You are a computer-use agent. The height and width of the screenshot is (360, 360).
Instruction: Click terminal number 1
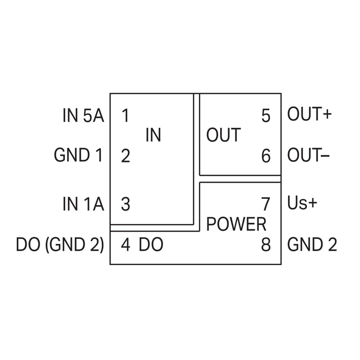point(126,115)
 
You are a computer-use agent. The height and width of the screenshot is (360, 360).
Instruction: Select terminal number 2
point(126,156)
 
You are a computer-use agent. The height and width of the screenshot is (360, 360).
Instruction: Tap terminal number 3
point(126,204)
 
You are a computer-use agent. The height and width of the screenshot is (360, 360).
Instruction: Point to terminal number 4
point(126,244)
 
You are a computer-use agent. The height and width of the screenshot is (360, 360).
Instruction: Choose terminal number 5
point(266,116)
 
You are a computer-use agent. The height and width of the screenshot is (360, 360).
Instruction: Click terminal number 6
point(266,156)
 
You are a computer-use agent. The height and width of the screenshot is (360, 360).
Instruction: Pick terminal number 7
point(266,204)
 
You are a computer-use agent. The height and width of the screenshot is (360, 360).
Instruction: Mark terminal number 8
point(266,244)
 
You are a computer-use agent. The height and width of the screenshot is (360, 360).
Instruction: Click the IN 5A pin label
point(83,115)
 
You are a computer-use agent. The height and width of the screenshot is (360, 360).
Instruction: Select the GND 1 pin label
point(78,155)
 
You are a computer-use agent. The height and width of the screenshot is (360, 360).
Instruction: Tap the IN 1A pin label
point(83,204)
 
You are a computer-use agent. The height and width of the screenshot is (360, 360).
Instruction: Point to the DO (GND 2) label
point(60,245)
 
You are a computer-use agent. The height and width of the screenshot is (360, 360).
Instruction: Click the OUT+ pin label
point(310,114)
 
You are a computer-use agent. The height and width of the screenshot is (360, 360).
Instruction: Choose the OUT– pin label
point(309,155)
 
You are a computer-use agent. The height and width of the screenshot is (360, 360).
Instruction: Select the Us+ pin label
point(302,203)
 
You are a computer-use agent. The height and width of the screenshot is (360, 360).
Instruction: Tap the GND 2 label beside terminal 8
point(312,244)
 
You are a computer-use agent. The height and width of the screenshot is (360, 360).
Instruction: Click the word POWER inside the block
point(236,224)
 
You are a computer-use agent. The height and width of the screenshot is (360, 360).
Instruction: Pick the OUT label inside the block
point(224,135)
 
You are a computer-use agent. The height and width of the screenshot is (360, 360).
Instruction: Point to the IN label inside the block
point(153,135)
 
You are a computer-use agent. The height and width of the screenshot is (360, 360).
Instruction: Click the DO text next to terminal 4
point(151,244)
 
